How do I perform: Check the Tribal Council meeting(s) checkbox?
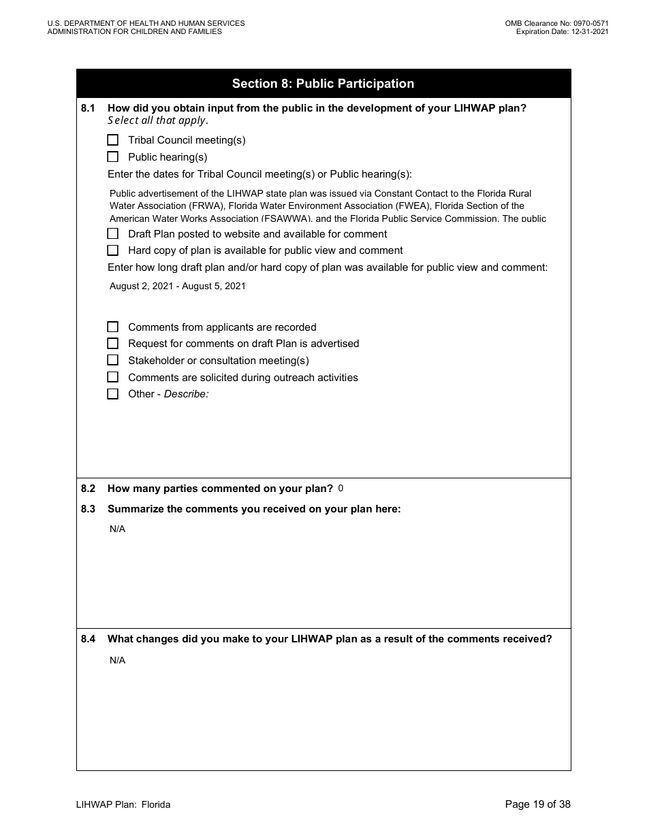[x=113, y=140]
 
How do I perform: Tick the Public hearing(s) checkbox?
[x=113, y=157]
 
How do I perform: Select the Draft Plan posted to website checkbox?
[x=113, y=233]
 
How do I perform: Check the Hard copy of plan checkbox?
[x=113, y=250]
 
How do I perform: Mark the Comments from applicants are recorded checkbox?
[x=113, y=327]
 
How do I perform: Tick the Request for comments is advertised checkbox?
[x=113, y=344]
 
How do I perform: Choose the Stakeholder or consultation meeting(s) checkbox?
[x=113, y=361]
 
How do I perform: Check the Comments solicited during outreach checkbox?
[x=113, y=377]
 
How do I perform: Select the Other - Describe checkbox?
[x=113, y=394]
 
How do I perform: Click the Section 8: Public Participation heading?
[x=323, y=84]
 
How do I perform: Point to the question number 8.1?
[x=89, y=108]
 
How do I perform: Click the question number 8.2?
[x=89, y=489]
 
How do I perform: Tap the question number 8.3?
[x=89, y=509]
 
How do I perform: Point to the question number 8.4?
[x=89, y=639]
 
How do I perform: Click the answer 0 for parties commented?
[x=341, y=489]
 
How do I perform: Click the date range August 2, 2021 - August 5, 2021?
[x=177, y=286]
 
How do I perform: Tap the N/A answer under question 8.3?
[x=117, y=529]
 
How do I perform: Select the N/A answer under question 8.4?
[x=117, y=661]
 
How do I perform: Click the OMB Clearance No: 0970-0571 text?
[x=556, y=23]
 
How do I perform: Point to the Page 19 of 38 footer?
[x=537, y=804]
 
